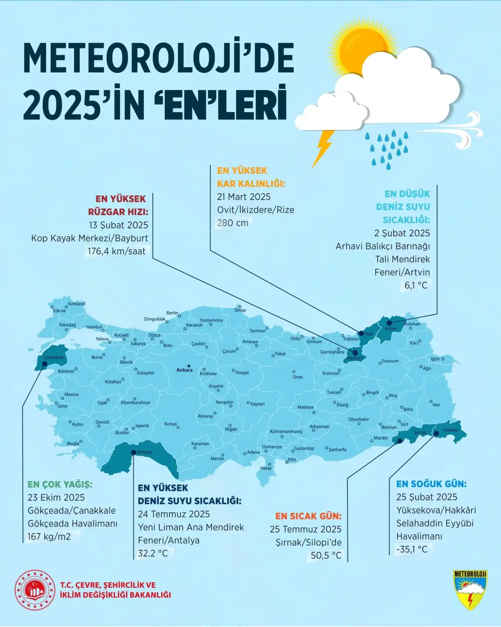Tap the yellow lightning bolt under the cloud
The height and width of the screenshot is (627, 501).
[324, 149]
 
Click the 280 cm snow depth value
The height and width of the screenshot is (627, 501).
[233, 223]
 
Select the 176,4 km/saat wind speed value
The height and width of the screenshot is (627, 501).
[116, 251]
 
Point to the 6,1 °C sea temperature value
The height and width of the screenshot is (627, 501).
[416, 285]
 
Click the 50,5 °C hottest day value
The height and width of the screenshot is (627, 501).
[326, 555]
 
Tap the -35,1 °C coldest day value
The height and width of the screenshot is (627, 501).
[412, 549]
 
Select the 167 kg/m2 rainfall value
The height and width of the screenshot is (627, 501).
[49, 536]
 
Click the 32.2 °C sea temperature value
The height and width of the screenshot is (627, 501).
[153, 553]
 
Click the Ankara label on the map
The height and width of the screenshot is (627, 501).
[184, 370]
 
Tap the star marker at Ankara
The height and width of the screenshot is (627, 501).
[189, 365]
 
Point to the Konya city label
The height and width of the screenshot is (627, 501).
[170, 424]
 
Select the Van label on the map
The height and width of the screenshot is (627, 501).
[436, 405]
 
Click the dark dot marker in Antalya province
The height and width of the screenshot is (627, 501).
[133, 452]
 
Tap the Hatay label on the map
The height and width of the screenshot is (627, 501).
[266, 468]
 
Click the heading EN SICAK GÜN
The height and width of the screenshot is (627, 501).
[308, 516]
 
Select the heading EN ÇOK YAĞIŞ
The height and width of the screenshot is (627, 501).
[60, 484]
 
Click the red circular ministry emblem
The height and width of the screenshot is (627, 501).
[35, 590]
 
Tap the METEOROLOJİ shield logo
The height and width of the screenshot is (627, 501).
[470, 590]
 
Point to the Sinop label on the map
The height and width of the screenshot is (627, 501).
[240, 310]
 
